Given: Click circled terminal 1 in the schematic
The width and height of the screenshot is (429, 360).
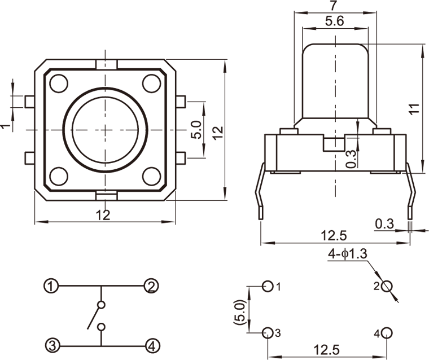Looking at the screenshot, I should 51,286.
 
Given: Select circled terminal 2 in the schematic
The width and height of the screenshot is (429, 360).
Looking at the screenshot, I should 151,286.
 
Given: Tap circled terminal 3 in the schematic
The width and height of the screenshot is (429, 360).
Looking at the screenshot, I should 51,344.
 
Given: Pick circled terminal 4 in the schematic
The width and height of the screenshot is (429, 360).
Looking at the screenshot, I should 151,344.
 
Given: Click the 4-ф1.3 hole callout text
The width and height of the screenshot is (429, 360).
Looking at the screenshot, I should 347,254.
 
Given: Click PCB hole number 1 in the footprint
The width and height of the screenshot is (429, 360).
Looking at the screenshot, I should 268,286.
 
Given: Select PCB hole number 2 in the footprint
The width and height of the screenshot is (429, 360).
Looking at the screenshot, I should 386,286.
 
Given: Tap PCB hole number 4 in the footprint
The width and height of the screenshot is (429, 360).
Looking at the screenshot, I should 386,332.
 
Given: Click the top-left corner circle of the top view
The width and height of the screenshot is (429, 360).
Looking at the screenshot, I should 58,84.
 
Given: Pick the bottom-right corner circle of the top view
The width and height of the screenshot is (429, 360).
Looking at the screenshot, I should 151,177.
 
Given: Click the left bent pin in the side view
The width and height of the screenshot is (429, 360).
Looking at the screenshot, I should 260,192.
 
